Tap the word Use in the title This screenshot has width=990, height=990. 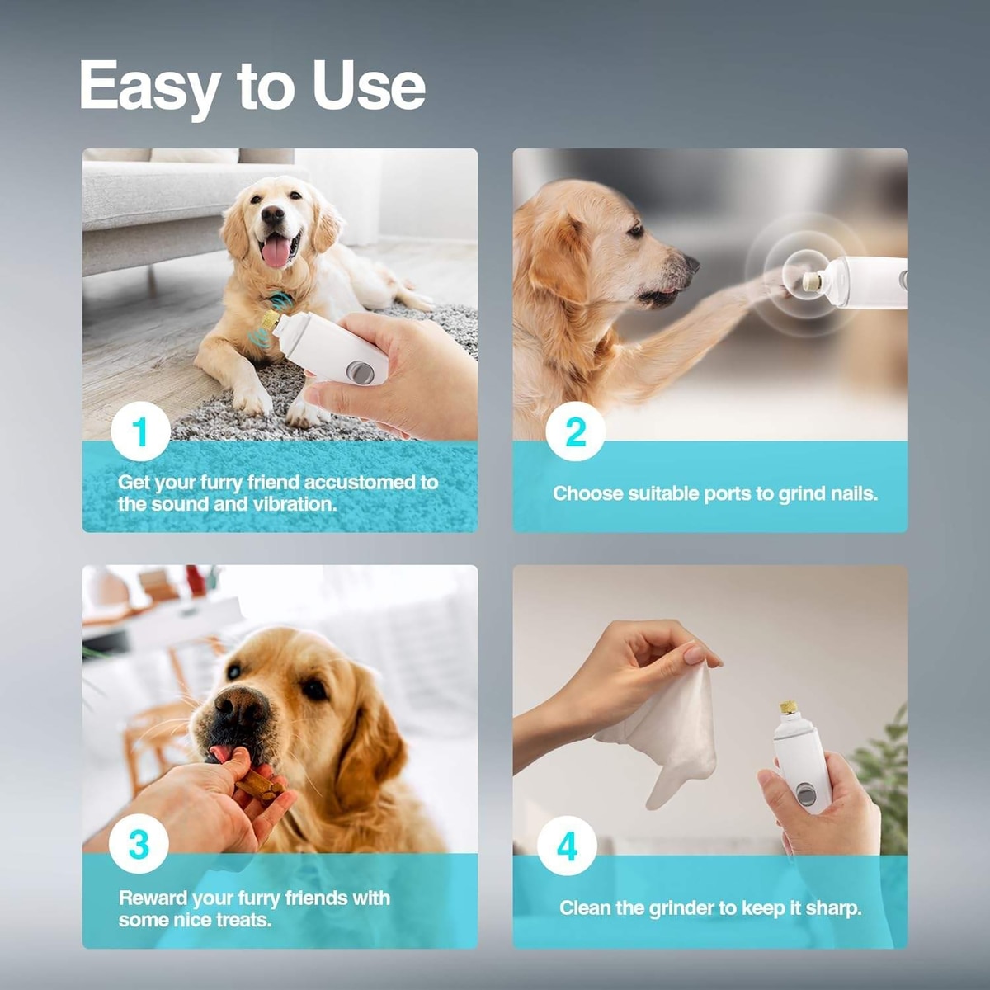tap(369, 85)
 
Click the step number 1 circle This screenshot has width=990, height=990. tap(140, 431)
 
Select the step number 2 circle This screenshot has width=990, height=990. tap(575, 432)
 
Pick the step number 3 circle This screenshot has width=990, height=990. tap(139, 844)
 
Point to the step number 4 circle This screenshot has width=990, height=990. tap(567, 846)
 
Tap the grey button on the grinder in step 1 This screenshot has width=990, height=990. tap(361, 371)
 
